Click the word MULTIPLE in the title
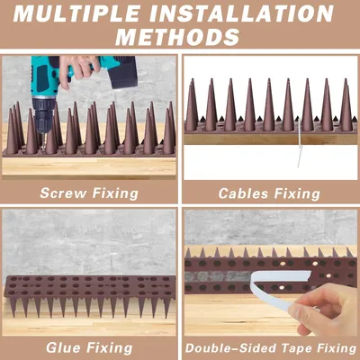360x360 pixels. point(76,13)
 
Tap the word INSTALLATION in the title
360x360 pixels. point(241,13)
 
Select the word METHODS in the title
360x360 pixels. point(177,37)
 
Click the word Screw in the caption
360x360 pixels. point(63,193)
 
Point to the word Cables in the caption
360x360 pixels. point(243,193)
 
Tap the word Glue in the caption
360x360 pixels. point(67,348)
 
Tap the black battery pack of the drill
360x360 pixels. point(124,72)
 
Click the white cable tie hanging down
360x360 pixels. point(300,144)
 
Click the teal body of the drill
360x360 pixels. point(44,77)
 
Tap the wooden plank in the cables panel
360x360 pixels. point(270,139)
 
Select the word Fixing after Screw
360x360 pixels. point(115,193)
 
